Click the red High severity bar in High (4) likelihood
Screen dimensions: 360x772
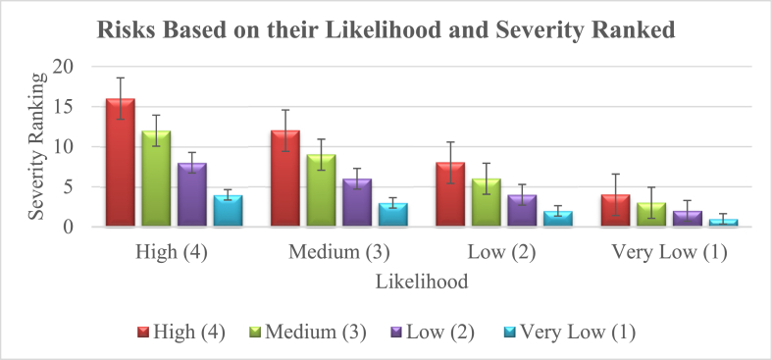pos(120,164)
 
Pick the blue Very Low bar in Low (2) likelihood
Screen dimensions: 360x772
pos(558,219)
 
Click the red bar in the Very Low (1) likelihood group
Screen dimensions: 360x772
pos(615,211)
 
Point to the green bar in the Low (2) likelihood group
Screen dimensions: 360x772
pos(487,203)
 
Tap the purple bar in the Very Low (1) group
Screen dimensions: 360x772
pos(687,219)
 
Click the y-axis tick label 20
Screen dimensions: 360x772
pos(64,67)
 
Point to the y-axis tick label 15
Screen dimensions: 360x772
pos(64,107)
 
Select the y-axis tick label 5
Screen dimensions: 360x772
pos(69,187)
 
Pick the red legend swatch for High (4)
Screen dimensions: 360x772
pos(142,333)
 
